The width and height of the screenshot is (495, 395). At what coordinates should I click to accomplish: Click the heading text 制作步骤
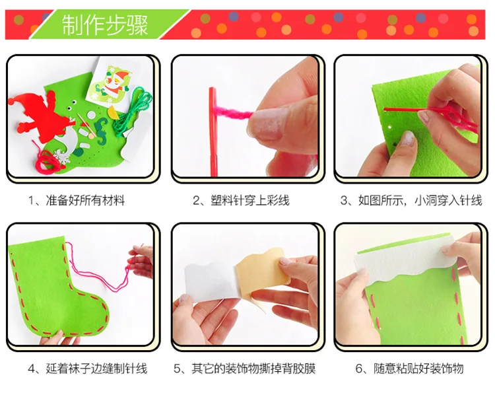[x=104, y=24]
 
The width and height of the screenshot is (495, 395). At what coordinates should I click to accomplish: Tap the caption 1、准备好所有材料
[x=77, y=200]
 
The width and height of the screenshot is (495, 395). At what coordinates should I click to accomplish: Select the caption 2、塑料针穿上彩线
[x=241, y=200]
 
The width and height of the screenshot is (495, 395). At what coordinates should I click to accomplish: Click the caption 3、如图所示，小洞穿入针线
[x=411, y=200]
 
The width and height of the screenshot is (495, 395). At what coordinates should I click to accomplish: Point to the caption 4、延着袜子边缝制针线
[x=87, y=369]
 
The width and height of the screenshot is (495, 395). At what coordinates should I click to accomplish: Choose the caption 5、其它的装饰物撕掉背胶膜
[x=245, y=369]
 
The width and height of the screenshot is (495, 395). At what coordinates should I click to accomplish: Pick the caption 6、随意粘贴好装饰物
[x=409, y=369]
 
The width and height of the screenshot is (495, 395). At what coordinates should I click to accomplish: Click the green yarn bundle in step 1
[x=133, y=112]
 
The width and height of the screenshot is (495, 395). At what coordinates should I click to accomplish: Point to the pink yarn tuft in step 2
[x=233, y=112]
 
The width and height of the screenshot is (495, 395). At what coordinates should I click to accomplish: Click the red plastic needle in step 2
[x=213, y=131]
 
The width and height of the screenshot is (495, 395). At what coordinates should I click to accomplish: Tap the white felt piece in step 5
[x=211, y=279]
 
